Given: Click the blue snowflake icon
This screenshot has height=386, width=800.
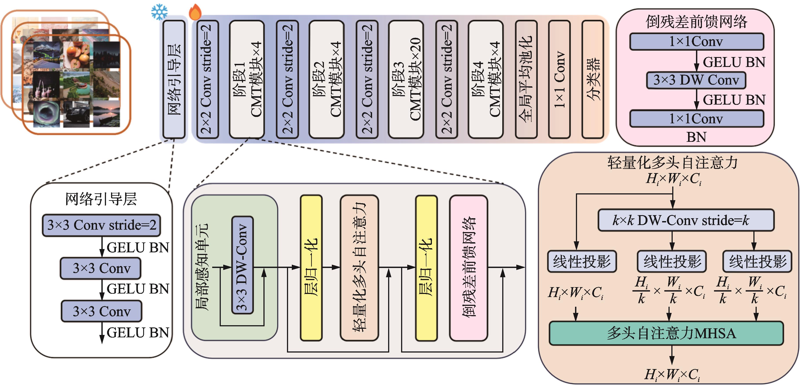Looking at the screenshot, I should coord(159,12).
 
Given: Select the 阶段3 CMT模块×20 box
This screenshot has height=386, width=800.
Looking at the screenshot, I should coord(406,79).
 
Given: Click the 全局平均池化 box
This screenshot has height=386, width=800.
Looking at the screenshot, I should coord(526,79).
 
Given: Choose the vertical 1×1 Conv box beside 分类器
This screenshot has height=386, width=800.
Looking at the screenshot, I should coord(559,79).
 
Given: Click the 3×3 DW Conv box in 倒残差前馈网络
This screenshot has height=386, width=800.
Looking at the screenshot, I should coord(696,80).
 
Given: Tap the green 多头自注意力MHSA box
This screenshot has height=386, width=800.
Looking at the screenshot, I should coord(666,333).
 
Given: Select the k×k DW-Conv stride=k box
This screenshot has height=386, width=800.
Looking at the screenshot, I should coord(686,220).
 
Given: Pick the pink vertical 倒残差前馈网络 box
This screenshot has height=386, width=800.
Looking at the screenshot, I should coord(469,268).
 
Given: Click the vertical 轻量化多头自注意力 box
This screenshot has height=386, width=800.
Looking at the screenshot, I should coord(359,268).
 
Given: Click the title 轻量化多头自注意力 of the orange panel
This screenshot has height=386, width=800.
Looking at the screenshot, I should coord(673,162).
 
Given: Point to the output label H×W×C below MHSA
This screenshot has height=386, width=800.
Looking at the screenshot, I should coord(672,374).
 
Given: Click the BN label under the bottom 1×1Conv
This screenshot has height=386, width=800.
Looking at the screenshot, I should coord(696,137).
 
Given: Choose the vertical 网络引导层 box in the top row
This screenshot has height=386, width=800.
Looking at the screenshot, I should coord(174,79).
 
